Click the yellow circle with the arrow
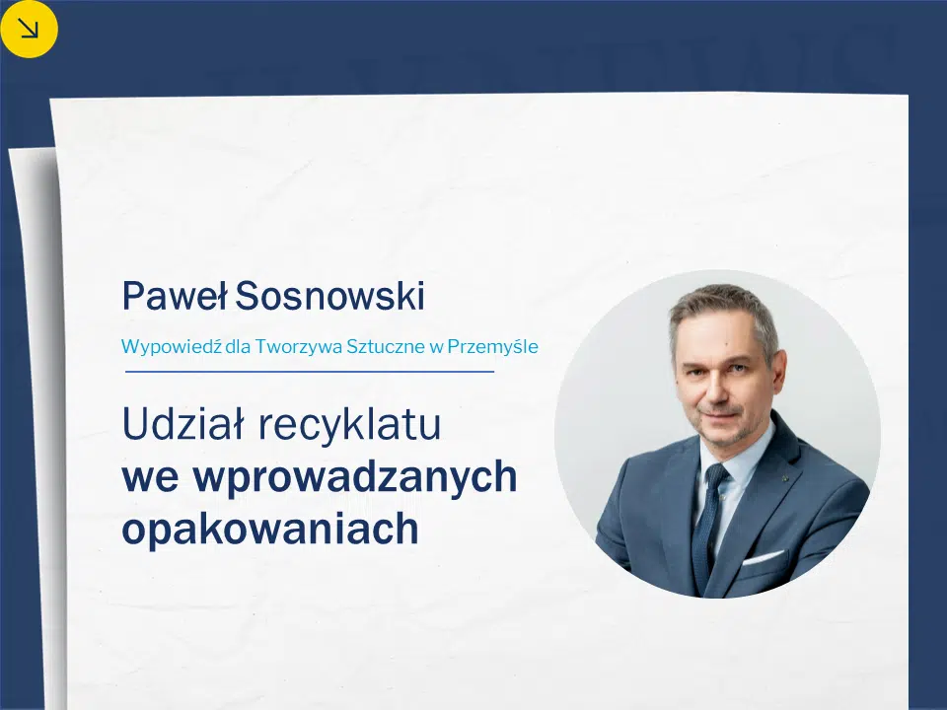pyautogui.click(x=28, y=29)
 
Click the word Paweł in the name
pyautogui.click(x=175, y=296)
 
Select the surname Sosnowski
pyautogui.click(x=329, y=296)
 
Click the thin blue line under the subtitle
pyautogui.click(x=310, y=372)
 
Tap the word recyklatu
pyautogui.click(x=349, y=424)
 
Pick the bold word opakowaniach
pyautogui.click(x=270, y=530)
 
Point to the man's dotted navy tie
pyautogui.click(x=706, y=527)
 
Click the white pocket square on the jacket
pyautogui.click(x=764, y=557)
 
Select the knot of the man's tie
pyautogui.click(x=717, y=475)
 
